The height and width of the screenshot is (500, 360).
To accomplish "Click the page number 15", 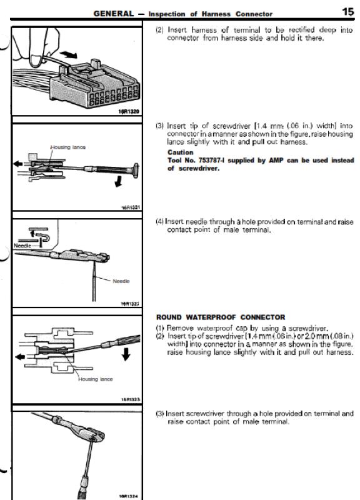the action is click(x=347, y=12).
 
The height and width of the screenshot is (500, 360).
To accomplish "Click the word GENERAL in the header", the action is click(x=114, y=14).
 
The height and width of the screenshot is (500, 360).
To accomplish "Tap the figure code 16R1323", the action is click(x=131, y=399).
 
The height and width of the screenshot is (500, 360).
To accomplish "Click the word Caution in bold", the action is click(x=180, y=152).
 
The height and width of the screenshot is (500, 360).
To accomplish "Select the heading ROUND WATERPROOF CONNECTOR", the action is click(x=221, y=317).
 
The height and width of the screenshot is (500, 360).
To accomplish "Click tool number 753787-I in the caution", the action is click(x=211, y=160).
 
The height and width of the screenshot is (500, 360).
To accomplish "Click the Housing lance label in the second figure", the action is click(x=68, y=147).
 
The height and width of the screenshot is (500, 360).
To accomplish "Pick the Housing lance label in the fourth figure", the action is click(x=96, y=379).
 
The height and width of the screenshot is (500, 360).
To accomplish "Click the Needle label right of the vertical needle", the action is click(x=121, y=281).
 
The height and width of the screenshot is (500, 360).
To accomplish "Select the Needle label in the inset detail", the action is click(x=22, y=246).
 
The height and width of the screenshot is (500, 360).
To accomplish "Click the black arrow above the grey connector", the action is click(x=69, y=54).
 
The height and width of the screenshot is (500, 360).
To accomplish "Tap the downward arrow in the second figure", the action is click(x=119, y=182).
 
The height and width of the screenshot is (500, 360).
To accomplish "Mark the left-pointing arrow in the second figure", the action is click(x=18, y=164).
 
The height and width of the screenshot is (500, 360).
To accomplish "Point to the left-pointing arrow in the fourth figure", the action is click(x=20, y=356).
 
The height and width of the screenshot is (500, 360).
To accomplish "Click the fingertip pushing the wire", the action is click(x=35, y=61).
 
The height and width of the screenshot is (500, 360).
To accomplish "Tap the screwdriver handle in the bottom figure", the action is click(x=84, y=487).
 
